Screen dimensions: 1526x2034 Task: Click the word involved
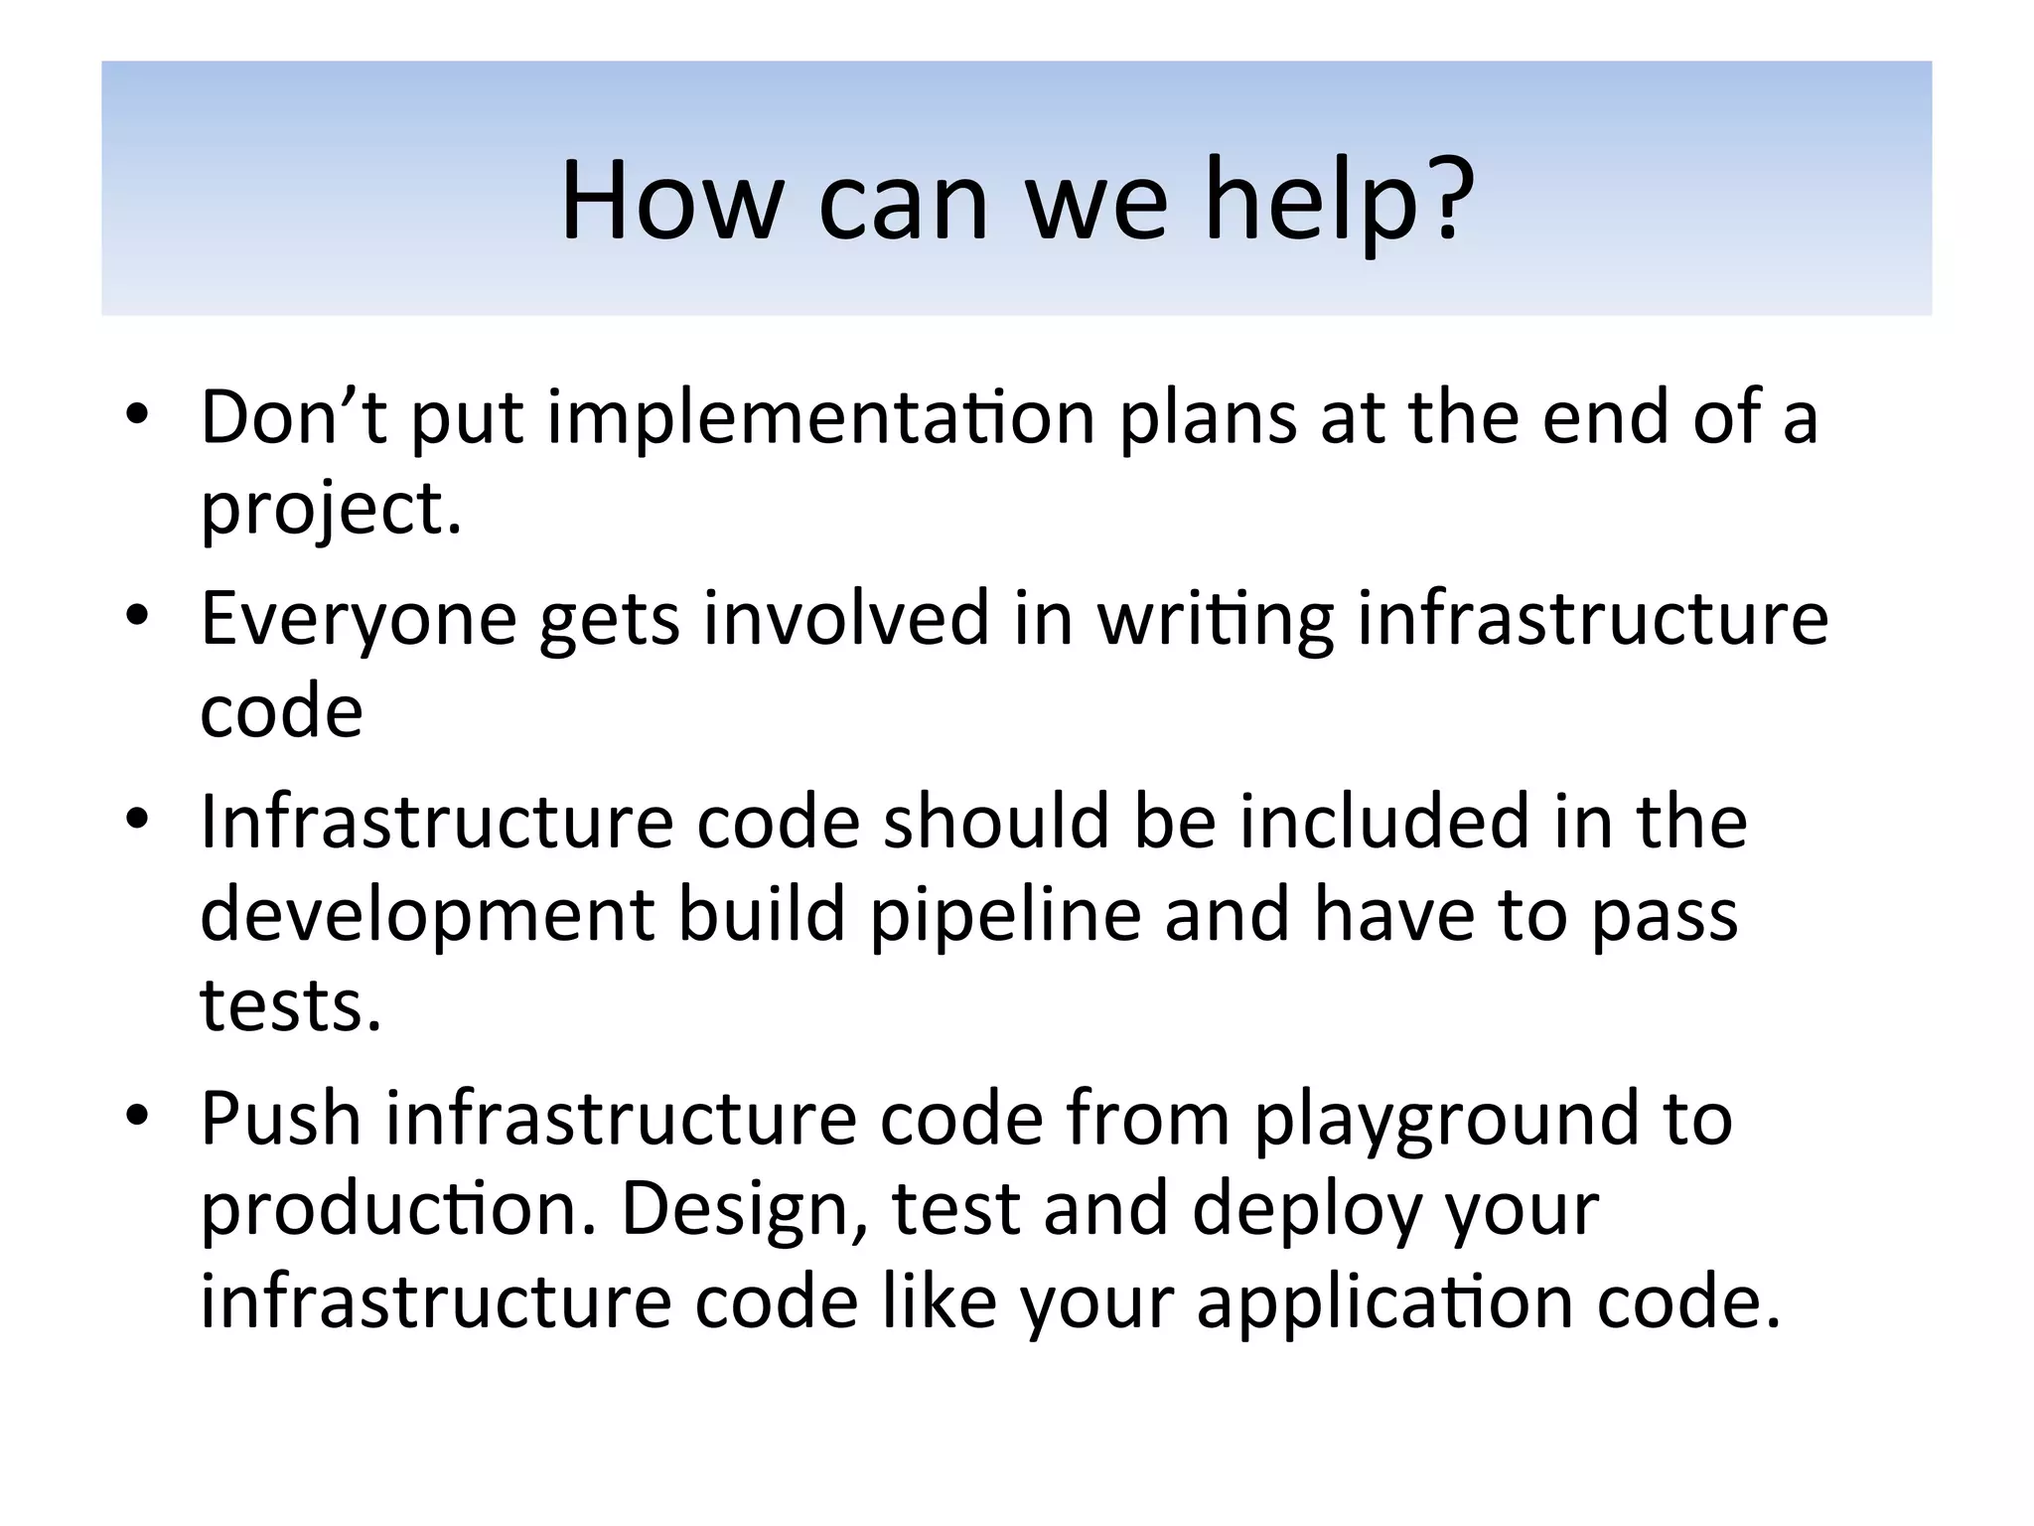[x=846, y=618]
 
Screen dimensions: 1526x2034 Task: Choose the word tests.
[x=291, y=1006]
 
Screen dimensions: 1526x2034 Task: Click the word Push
[x=281, y=1119]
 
